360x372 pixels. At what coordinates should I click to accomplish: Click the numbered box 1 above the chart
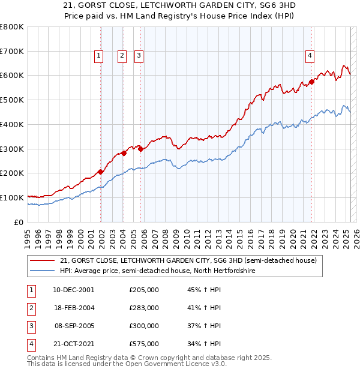coord(98,56)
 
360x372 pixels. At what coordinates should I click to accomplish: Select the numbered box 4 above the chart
coord(310,56)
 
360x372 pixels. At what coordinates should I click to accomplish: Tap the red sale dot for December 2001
coord(101,172)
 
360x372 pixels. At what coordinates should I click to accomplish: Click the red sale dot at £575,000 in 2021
coord(312,82)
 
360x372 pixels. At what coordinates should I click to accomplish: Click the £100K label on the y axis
coord(12,197)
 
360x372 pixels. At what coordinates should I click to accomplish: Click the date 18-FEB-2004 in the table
coord(73,308)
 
